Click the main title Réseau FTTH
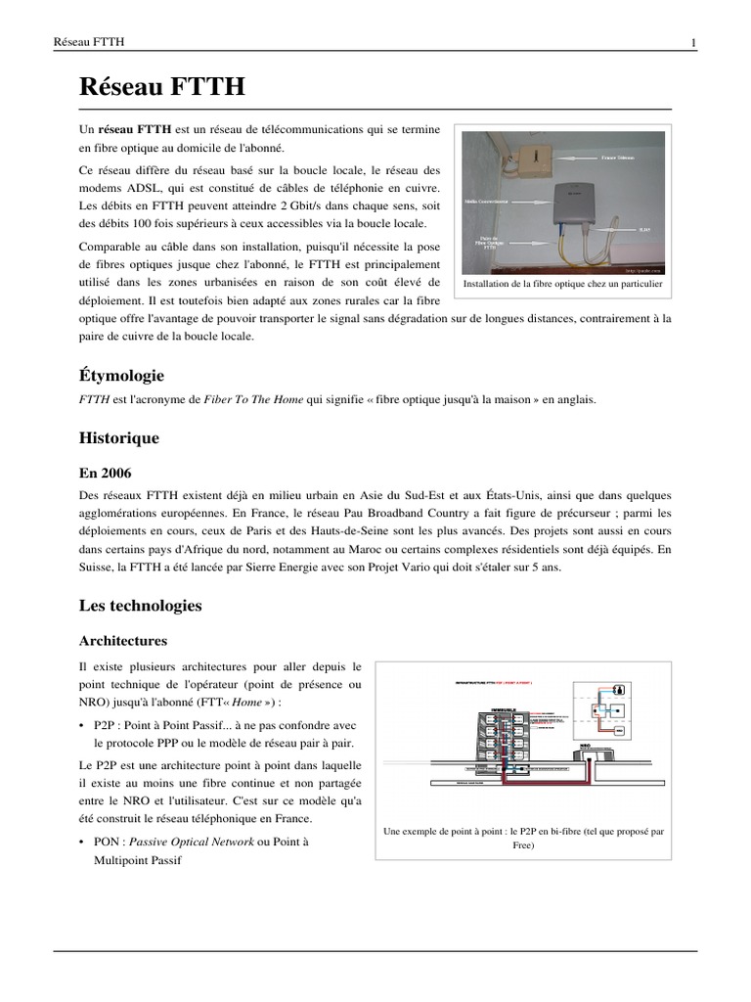tap(161, 89)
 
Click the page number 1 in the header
tap(693, 42)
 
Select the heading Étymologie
tap(121, 376)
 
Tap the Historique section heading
tap(118, 438)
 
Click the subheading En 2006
tap(105, 473)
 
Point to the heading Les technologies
tap(140, 606)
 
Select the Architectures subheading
tap(122, 641)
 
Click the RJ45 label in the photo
tap(644, 229)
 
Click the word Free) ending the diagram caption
tap(523, 845)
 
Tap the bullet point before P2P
tap(83, 726)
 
